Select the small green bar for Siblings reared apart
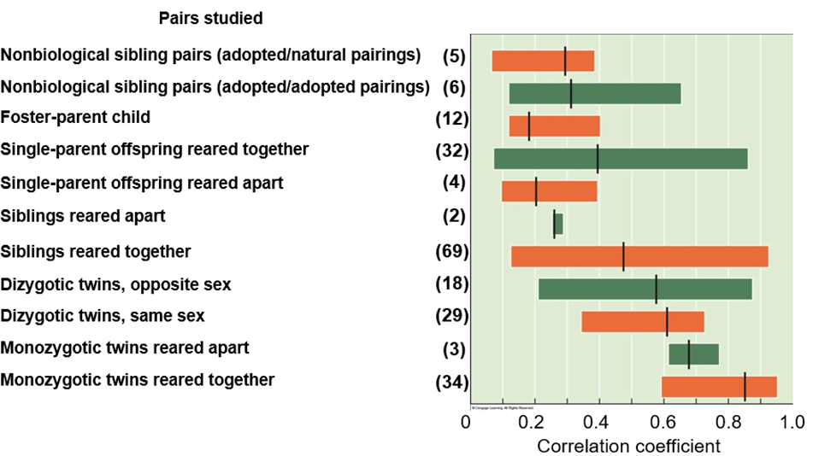tap(558, 224)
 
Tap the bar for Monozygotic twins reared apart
tap(693, 354)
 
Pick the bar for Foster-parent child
tap(554, 126)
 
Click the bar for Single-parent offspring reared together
tap(621, 159)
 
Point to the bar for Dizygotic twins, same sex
tap(642, 321)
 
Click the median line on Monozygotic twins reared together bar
tap(745, 387)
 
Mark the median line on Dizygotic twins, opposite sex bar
tap(656, 289)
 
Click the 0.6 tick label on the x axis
tap(664, 422)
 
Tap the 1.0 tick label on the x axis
tap(793, 422)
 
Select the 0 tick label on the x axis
tap(466, 422)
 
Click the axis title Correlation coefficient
tap(628, 446)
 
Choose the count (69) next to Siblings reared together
tap(452, 251)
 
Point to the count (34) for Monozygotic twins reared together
tap(452, 380)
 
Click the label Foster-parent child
tap(77, 117)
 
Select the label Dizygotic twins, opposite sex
tap(116, 283)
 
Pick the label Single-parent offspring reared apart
tap(142, 183)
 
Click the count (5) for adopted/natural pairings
tap(453, 56)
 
